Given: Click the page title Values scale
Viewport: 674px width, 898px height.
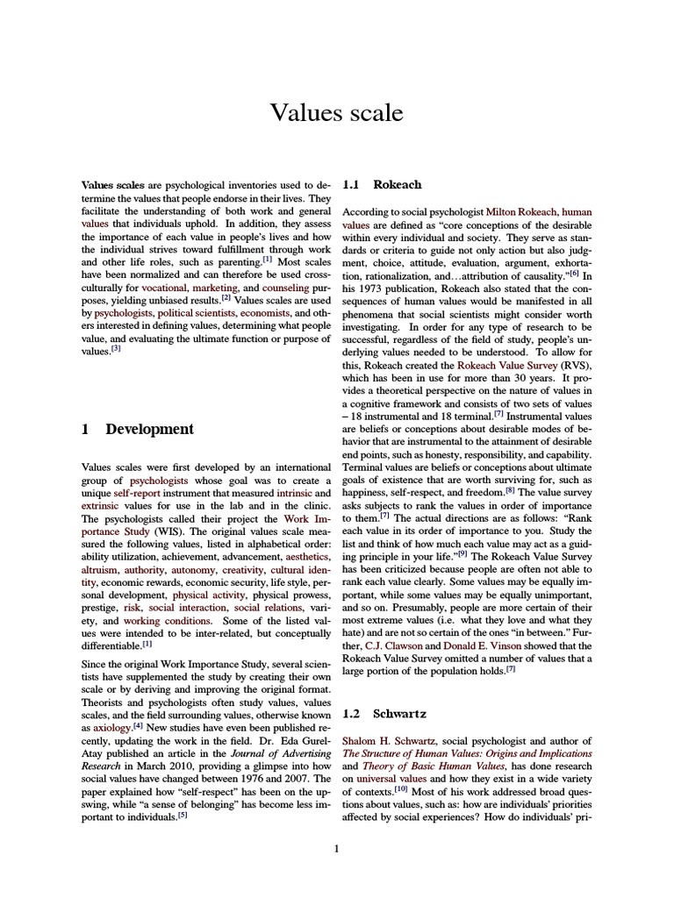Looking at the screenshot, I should tap(337, 113).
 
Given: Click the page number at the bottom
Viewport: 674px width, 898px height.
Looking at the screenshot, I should tap(337, 848).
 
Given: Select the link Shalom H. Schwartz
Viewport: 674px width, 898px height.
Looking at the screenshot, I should tap(391, 741).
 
